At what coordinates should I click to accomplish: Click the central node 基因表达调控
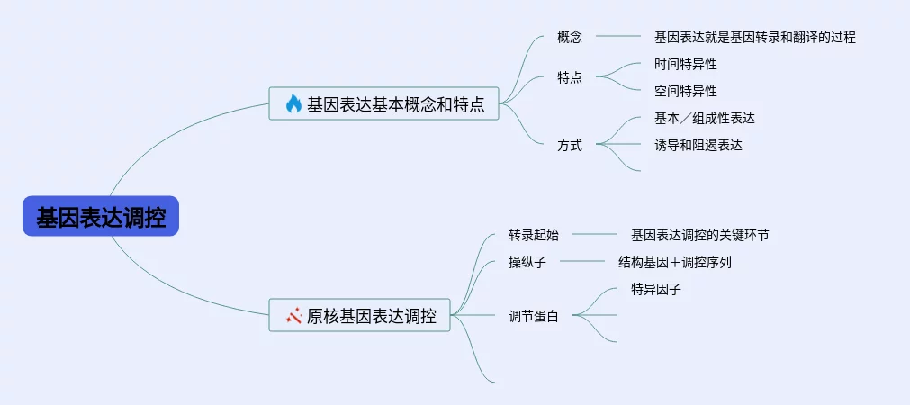(101, 216)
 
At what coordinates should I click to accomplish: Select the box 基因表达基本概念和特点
(383, 103)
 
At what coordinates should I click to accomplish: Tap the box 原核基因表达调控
(359, 315)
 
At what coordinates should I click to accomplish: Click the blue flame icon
(293, 103)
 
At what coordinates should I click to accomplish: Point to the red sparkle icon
(293, 316)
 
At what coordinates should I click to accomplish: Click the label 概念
(570, 38)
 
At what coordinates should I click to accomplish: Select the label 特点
(570, 77)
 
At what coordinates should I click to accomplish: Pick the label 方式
(570, 145)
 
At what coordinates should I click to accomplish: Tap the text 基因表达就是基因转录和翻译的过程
(755, 38)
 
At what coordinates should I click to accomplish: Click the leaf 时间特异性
(686, 64)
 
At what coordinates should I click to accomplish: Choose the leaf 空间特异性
(686, 91)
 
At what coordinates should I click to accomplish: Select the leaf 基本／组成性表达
(705, 118)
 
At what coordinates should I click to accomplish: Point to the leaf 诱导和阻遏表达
(698, 145)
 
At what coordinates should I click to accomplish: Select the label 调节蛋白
(534, 317)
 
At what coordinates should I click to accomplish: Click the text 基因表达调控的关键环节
(700, 235)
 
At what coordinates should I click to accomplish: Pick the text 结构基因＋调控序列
(675, 262)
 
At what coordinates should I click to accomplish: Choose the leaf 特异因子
(656, 289)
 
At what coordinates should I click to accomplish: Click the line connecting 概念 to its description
(618, 37)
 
